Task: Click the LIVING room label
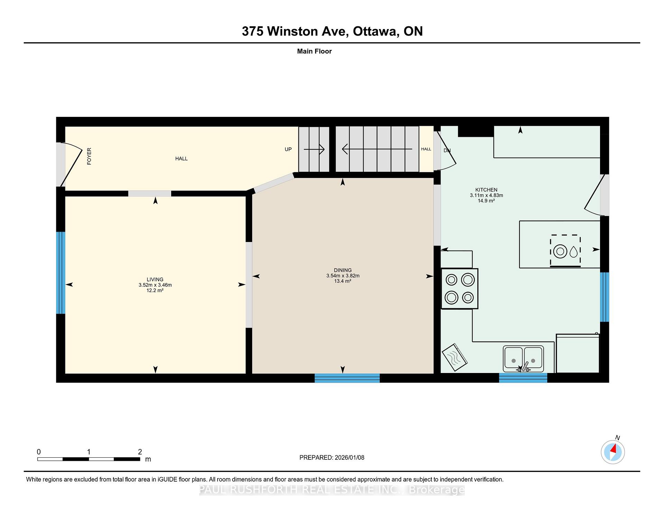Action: click(x=155, y=279)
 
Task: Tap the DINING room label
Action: click(x=343, y=270)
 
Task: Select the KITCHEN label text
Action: click(x=486, y=190)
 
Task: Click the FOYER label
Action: click(x=89, y=156)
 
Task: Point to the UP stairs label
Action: click(x=288, y=149)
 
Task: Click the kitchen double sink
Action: click(x=523, y=359)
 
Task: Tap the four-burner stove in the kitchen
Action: click(x=460, y=289)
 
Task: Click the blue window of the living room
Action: click(x=61, y=273)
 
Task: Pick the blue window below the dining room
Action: click(x=347, y=378)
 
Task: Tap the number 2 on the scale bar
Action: click(x=140, y=451)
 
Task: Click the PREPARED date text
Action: click(x=332, y=457)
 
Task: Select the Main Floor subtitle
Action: click(x=314, y=51)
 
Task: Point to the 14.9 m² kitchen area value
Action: click(x=486, y=201)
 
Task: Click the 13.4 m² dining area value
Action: click(x=343, y=281)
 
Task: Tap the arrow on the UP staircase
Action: click(x=314, y=149)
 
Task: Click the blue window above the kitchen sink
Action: click(x=523, y=378)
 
